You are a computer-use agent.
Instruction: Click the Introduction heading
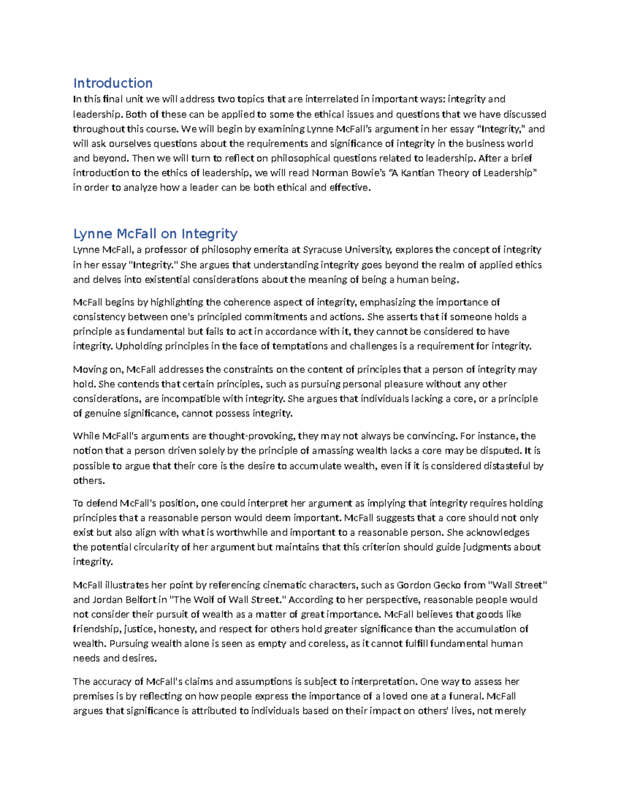(113, 83)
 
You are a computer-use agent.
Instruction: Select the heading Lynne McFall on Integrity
(155, 234)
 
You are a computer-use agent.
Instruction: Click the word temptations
(299, 346)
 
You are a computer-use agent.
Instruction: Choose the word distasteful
(508, 466)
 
